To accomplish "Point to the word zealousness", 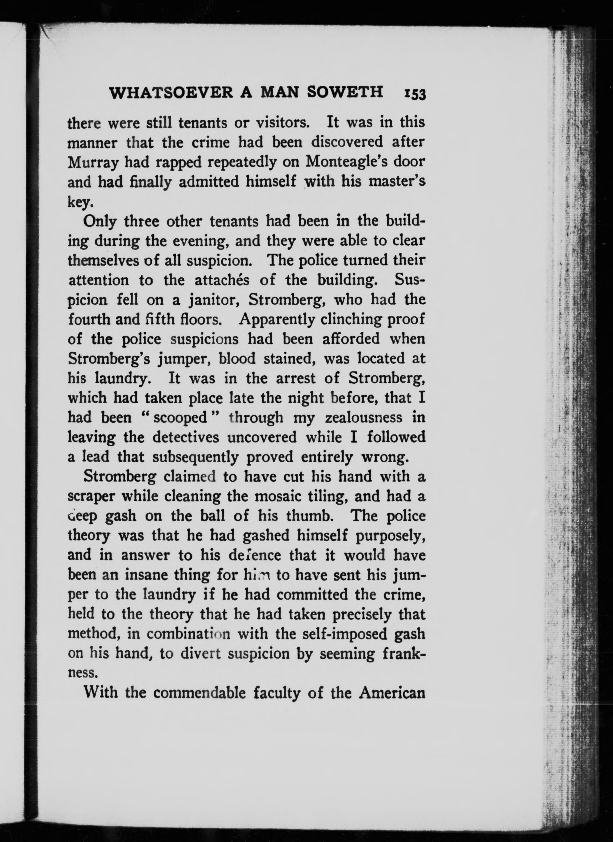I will coord(364,418).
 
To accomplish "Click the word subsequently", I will coord(195,457).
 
